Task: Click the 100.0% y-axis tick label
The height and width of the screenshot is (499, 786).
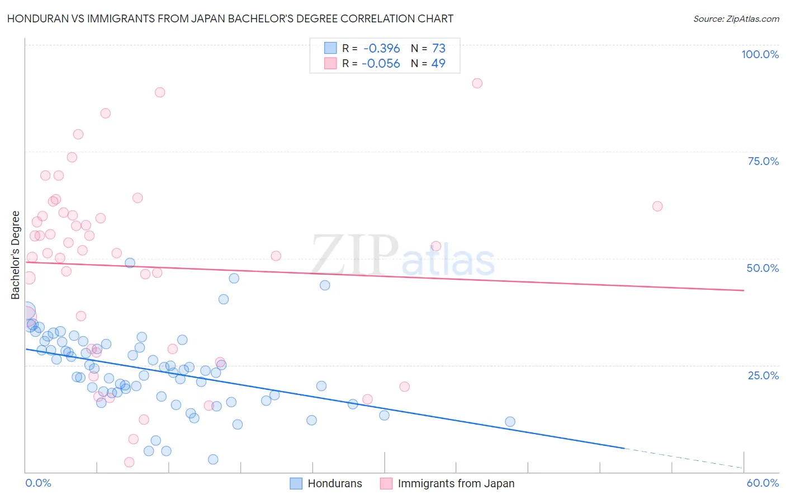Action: click(x=760, y=54)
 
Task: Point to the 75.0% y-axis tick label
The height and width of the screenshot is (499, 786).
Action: click(x=763, y=161)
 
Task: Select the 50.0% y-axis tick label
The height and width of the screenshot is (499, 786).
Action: click(x=763, y=268)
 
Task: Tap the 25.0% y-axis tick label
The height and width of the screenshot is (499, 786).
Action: click(x=763, y=375)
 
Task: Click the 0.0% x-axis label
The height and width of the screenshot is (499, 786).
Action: click(x=38, y=483)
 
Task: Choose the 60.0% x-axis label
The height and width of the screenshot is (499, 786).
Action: click(x=763, y=483)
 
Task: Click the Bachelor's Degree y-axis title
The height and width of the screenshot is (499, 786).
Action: click(x=16, y=255)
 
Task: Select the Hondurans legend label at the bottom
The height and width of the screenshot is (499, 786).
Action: click(x=335, y=484)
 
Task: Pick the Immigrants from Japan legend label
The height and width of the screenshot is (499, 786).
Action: click(x=456, y=484)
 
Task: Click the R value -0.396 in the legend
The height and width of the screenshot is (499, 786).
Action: click(x=382, y=49)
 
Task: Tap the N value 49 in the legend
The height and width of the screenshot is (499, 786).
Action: click(x=438, y=64)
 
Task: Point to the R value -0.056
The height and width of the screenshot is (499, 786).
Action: click(x=381, y=64)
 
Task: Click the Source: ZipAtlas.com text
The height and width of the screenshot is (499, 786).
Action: click(x=736, y=18)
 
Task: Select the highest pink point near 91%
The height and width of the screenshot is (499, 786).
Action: click(x=477, y=83)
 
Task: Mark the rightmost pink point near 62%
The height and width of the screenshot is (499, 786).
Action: click(x=657, y=206)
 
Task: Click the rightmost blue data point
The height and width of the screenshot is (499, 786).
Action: click(x=510, y=422)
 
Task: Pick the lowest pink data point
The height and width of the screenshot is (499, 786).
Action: click(x=129, y=462)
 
